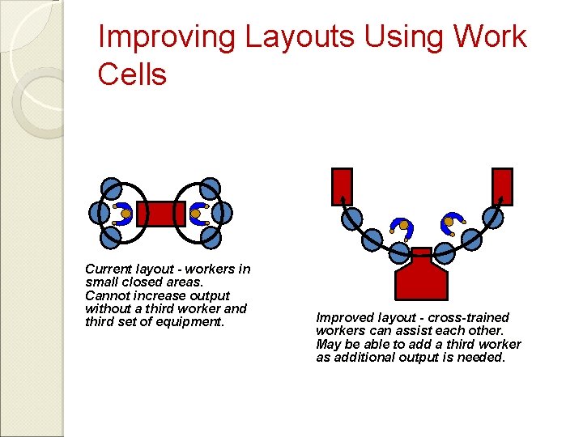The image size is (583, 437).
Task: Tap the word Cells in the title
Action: (x=131, y=74)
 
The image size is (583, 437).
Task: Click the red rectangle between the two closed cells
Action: (x=161, y=214)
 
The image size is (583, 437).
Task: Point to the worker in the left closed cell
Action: (x=124, y=214)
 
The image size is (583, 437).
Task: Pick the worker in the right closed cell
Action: (x=198, y=214)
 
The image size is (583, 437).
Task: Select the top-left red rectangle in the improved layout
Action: (x=343, y=186)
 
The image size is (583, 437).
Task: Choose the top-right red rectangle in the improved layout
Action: (x=503, y=186)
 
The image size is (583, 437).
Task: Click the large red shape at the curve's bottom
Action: (x=421, y=275)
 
